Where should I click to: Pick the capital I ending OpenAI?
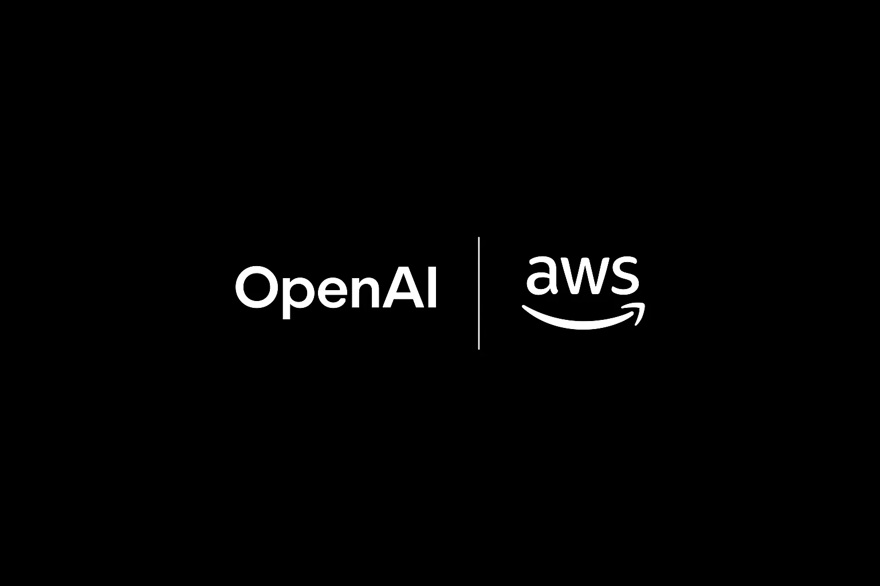tap(432, 287)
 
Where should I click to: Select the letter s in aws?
tap(624, 275)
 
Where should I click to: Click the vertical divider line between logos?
tap(478, 293)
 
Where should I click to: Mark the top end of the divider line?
tap(478, 237)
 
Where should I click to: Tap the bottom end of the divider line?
tap(478, 349)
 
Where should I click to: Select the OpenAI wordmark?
tap(336, 292)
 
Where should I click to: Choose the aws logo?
tap(583, 293)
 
